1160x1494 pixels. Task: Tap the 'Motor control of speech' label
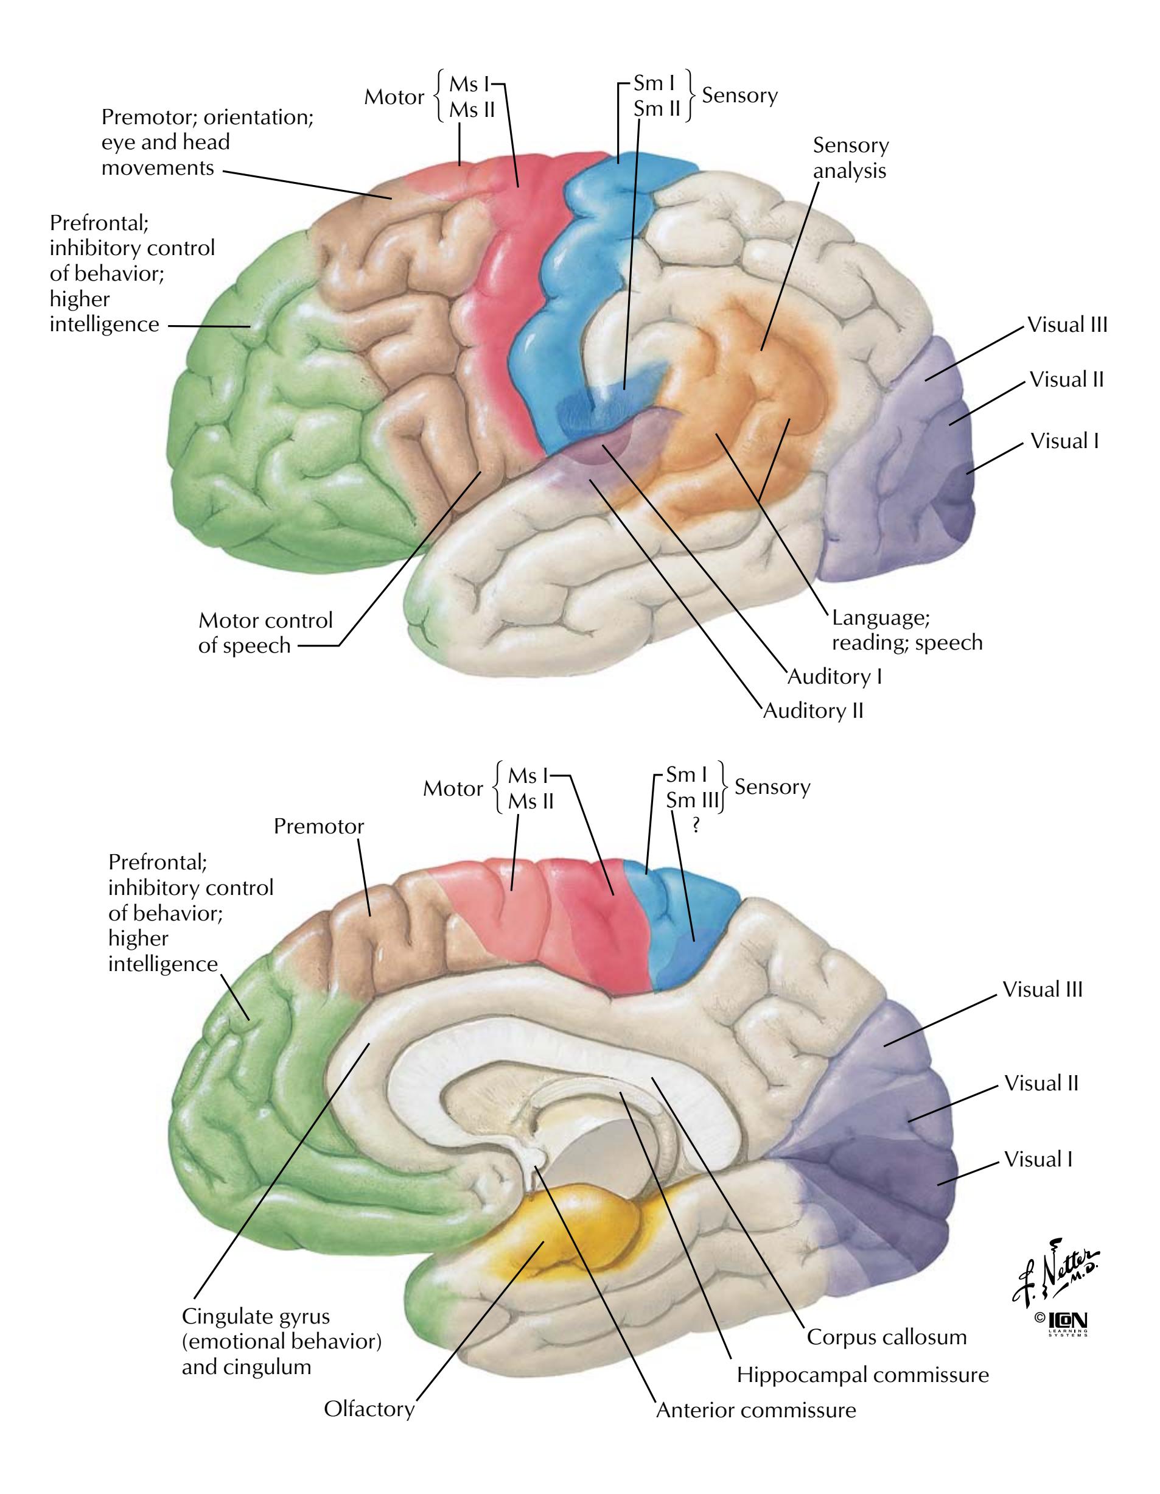265,633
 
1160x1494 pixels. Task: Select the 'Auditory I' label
834,676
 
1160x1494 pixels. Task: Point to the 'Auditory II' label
812,710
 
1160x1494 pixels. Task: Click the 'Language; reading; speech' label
906,630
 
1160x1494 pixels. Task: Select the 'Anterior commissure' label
756,1410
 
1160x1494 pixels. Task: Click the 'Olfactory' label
369,1409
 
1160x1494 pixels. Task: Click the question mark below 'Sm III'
696,826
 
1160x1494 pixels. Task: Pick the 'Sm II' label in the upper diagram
657,109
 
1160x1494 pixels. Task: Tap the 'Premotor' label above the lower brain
319,826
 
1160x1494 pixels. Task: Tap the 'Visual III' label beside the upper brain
1067,325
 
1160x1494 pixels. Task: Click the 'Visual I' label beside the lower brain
1038,1159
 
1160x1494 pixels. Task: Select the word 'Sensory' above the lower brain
772,787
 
